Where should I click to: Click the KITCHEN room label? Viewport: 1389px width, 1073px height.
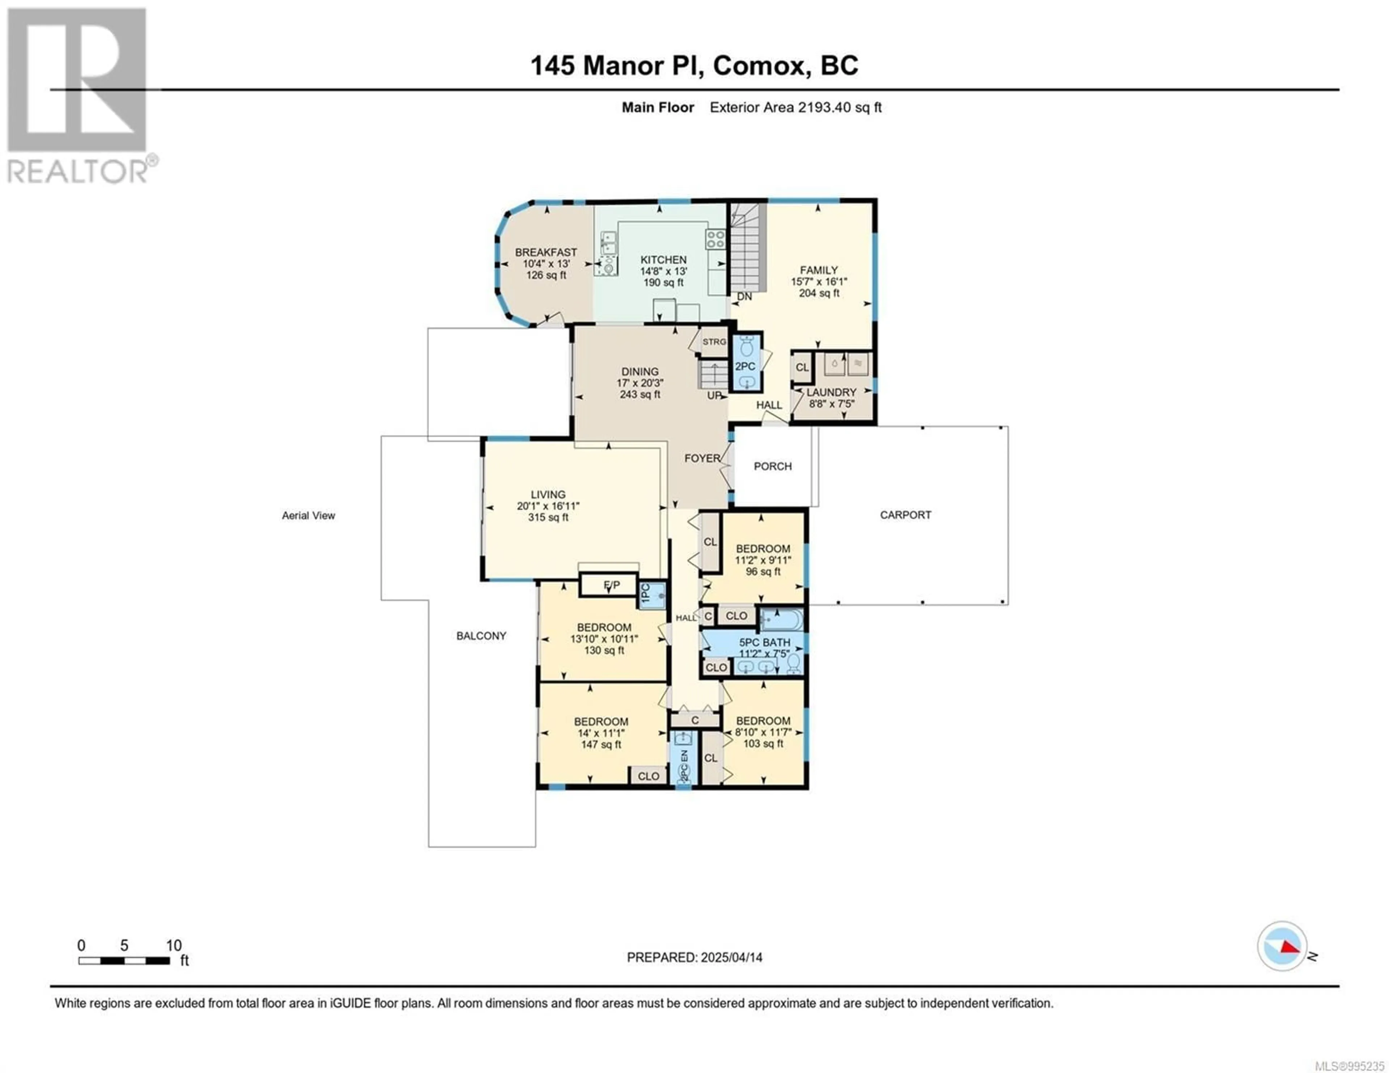coord(663,260)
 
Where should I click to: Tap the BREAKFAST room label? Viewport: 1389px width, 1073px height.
coord(546,252)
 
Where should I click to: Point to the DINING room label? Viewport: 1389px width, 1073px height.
coord(640,371)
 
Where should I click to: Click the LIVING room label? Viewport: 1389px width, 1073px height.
coord(548,494)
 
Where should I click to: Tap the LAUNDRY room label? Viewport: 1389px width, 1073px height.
coord(831,392)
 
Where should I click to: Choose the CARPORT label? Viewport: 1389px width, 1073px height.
coord(906,515)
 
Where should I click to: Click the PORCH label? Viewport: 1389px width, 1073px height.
coord(773,466)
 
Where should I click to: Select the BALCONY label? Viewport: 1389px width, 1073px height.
coord(481,635)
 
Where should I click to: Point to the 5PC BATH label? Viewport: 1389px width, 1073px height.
coord(764,642)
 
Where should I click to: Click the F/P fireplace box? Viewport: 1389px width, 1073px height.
coord(609,584)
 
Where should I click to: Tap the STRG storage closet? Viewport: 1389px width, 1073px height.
coord(714,341)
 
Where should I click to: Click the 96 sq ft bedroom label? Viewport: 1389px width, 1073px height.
coord(763,571)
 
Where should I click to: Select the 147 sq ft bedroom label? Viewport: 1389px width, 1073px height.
coord(601,744)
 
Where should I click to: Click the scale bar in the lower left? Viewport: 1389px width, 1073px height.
coord(124,961)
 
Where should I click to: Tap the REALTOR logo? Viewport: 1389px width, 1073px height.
coord(80,95)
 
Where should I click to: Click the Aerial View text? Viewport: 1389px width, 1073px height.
coord(309,515)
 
